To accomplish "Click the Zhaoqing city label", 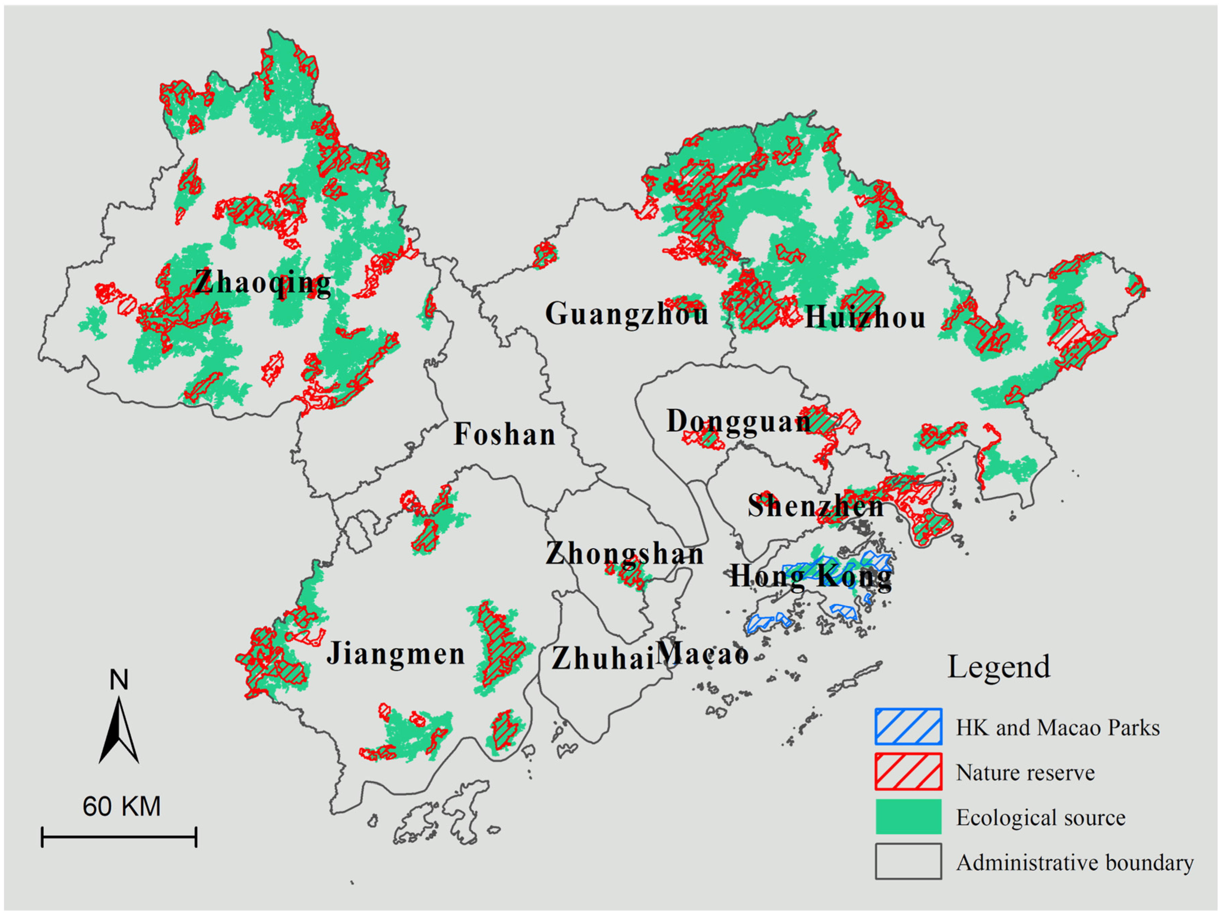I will (263, 283).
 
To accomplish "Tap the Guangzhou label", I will (627, 314).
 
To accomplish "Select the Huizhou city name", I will (865, 318).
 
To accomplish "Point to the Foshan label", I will (505, 435).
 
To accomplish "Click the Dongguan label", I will (738, 422).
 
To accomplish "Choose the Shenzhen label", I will (815, 506).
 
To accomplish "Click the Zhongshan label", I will (625, 554).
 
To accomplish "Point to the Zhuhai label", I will (603, 658).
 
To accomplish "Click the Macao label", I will (702, 654).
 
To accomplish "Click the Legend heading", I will (999, 667).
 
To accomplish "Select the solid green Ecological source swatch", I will (908, 817).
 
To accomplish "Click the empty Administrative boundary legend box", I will (908, 861).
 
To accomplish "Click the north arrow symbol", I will (119, 730).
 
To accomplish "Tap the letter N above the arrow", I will (119, 680).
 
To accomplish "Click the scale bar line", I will (119, 837).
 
